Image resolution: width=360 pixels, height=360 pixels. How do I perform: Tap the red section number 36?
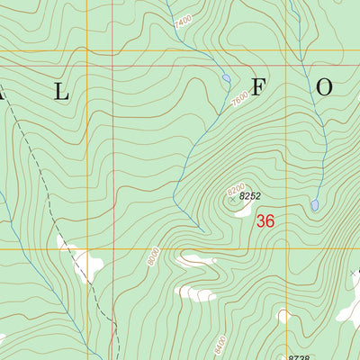(x=265, y=220)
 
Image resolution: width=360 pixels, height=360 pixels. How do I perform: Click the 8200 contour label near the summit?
(x=236, y=188)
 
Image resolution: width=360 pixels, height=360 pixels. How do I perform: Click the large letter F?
(x=260, y=88)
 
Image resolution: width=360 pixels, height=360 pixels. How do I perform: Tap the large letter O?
(x=324, y=87)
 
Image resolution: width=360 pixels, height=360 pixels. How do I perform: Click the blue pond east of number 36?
(x=315, y=205)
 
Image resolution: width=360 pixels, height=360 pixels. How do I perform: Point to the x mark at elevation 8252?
(x=232, y=201)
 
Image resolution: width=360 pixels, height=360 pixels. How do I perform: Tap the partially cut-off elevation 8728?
(x=300, y=356)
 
